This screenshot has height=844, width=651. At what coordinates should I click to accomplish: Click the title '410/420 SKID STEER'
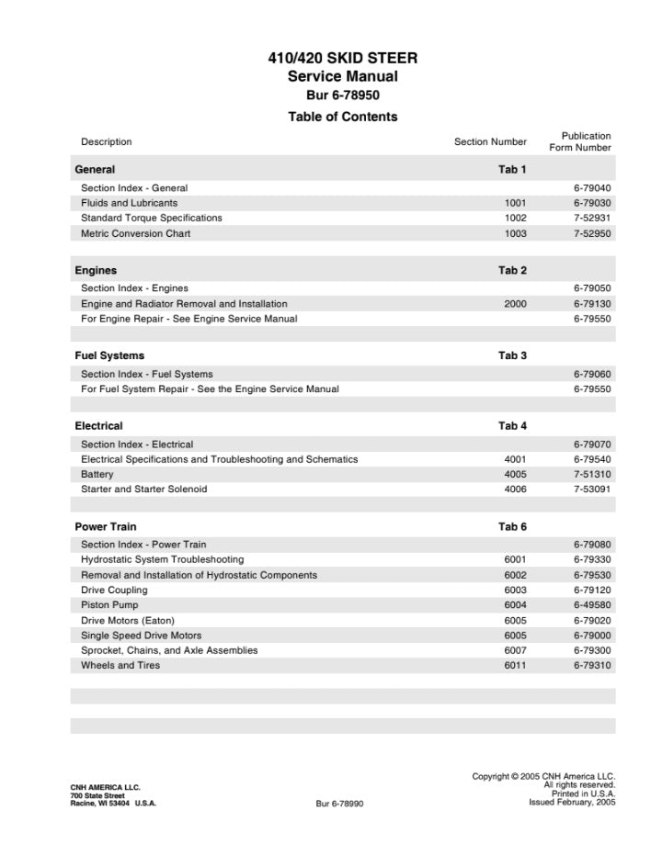[342, 58]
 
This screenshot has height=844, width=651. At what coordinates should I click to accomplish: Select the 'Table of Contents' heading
[342, 117]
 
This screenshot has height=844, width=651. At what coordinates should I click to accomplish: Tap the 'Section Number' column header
[490, 142]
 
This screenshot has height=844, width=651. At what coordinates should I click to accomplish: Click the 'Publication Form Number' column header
[580, 141]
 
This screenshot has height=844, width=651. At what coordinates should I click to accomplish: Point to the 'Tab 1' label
[512, 170]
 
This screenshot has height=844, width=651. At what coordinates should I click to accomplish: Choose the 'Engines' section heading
[96, 271]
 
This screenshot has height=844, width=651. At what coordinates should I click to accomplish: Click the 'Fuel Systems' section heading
[109, 355]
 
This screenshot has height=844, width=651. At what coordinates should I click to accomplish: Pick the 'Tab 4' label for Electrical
[512, 426]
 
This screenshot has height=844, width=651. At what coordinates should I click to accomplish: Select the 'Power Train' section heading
[106, 527]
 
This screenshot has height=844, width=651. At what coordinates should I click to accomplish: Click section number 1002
[515, 219]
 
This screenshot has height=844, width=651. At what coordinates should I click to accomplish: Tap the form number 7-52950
[592, 234]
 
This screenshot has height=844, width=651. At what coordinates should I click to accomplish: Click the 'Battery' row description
[97, 475]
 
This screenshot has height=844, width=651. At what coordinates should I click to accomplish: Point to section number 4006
[515, 490]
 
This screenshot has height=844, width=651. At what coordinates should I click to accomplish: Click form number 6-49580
[592, 605]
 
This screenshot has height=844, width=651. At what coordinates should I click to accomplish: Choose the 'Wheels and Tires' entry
[120, 666]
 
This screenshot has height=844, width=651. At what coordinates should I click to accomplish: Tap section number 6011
[515, 666]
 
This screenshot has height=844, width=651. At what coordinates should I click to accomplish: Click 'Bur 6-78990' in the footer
[340, 804]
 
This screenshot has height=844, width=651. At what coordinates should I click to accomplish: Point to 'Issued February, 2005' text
[572, 802]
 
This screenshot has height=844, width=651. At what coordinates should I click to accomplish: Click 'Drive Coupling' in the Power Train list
[114, 591]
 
